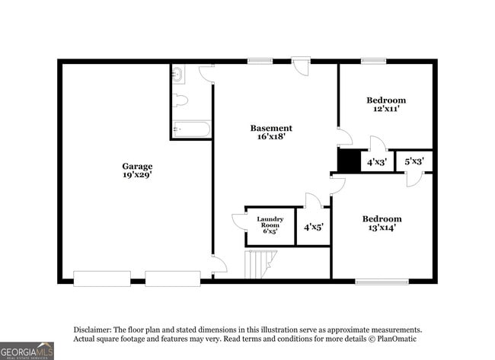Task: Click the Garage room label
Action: point(137,166)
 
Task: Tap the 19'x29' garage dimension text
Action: point(137,175)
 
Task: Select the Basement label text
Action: point(271,128)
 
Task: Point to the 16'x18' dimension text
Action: point(271,137)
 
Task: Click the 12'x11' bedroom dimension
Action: point(386,109)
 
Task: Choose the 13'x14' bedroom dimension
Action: point(382,228)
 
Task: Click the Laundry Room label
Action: point(270,222)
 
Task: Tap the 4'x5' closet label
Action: point(313,227)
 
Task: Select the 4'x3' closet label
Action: point(377,162)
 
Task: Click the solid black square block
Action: point(348,161)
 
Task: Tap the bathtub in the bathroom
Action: point(191,129)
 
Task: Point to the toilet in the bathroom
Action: point(180,100)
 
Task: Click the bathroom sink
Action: point(177,75)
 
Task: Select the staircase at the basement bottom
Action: point(258,265)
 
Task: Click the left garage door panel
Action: point(102,279)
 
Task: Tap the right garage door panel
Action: point(172,279)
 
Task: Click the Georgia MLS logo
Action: point(27,350)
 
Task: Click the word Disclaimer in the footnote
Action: point(92,330)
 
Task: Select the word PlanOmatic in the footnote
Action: point(402,339)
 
